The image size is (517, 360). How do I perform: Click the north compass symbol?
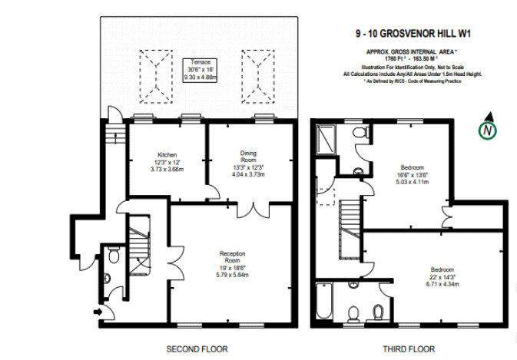click(x=487, y=130)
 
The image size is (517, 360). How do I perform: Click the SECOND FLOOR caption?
click(x=197, y=348)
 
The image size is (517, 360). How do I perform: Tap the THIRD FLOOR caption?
click(x=409, y=348)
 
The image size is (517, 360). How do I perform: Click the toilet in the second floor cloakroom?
click(x=114, y=256)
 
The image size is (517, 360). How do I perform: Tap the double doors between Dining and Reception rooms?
click(x=253, y=207)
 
